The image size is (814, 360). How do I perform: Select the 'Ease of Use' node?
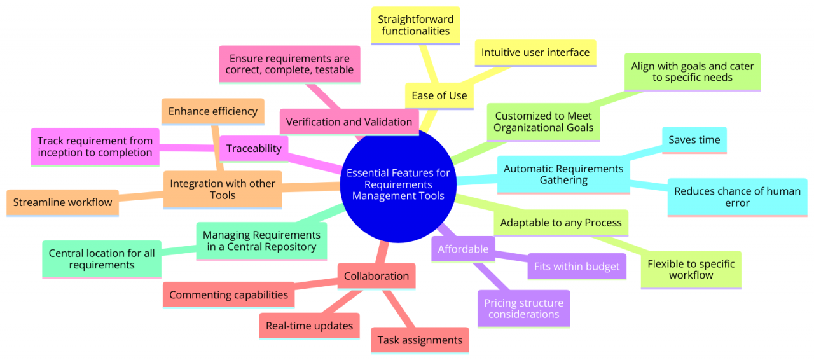point(439,96)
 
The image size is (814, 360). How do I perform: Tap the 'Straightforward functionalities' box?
point(416,25)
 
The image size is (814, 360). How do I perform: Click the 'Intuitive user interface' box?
point(535,52)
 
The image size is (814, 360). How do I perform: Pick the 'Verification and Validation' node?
point(348,121)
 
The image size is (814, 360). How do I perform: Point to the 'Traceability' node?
point(254,148)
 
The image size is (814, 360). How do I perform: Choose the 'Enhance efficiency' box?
point(213,111)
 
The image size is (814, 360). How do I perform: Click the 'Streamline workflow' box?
point(62,202)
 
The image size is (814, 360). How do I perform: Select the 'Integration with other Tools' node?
point(223,189)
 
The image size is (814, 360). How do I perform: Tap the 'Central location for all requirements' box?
point(102,258)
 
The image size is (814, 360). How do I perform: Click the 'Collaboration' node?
point(376,276)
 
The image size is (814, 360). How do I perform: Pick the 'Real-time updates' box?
point(310,326)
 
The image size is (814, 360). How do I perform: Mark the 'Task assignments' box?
point(420,340)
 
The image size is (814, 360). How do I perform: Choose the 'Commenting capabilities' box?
point(228,294)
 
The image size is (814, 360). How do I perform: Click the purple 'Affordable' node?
point(463,249)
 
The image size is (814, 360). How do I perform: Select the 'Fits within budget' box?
point(577,267)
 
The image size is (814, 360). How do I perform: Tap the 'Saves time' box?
point(694,140)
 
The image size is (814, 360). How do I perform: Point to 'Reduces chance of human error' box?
point(737,197)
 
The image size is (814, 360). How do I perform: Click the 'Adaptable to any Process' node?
point(561,223)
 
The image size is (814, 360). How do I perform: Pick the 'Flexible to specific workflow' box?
point(691,269)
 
